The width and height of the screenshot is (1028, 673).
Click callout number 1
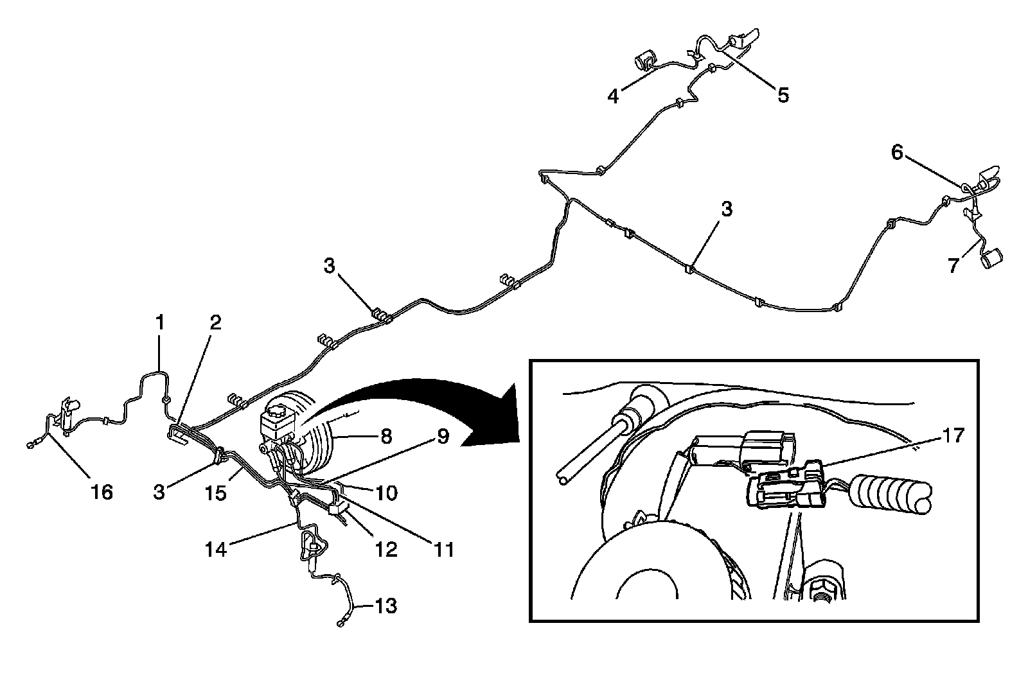(159, 322)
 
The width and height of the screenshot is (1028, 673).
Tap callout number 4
(614, 96)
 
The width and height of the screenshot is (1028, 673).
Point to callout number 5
(783, 95)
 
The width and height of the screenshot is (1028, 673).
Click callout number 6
(897, 152)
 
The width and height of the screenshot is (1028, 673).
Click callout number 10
(387, 493)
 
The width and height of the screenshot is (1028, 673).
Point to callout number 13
(385, 606)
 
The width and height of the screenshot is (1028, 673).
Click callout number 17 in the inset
(954, 436)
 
